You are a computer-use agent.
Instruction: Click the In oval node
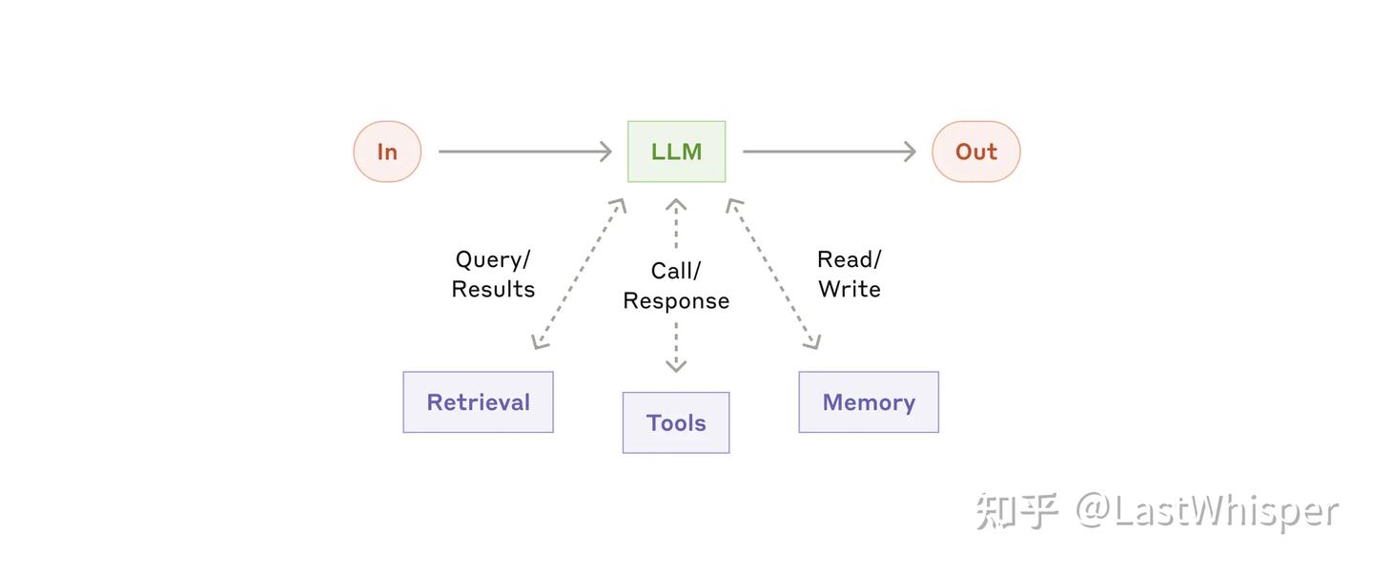tap(387, 152)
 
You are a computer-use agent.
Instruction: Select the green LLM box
tap(676, 152)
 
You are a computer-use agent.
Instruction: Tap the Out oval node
tap(975, 152)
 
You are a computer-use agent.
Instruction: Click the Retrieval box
tap(478, 402)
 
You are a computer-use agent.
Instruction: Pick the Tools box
tap(676, 422)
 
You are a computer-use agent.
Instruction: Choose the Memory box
tap(869, 402)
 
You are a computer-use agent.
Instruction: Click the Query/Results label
tap(493, 275)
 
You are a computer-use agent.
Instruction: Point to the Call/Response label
tap(676, 286)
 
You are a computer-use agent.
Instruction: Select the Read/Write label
tap(849, 275)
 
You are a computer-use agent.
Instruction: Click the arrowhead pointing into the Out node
tap(910, 152)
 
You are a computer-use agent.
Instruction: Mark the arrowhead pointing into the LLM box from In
tap(605, 152)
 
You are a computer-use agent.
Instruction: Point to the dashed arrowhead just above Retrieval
tap(540, 341)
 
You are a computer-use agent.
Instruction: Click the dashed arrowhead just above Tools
tap(676, 364)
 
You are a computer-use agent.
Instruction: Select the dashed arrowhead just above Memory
tap(812, 341)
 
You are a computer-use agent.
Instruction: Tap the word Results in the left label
tap(493, 289)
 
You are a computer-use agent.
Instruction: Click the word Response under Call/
tap(676, 301)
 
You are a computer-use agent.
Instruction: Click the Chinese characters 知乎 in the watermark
tap(1016, 512)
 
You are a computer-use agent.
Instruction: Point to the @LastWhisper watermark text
tap(1207, 512)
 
